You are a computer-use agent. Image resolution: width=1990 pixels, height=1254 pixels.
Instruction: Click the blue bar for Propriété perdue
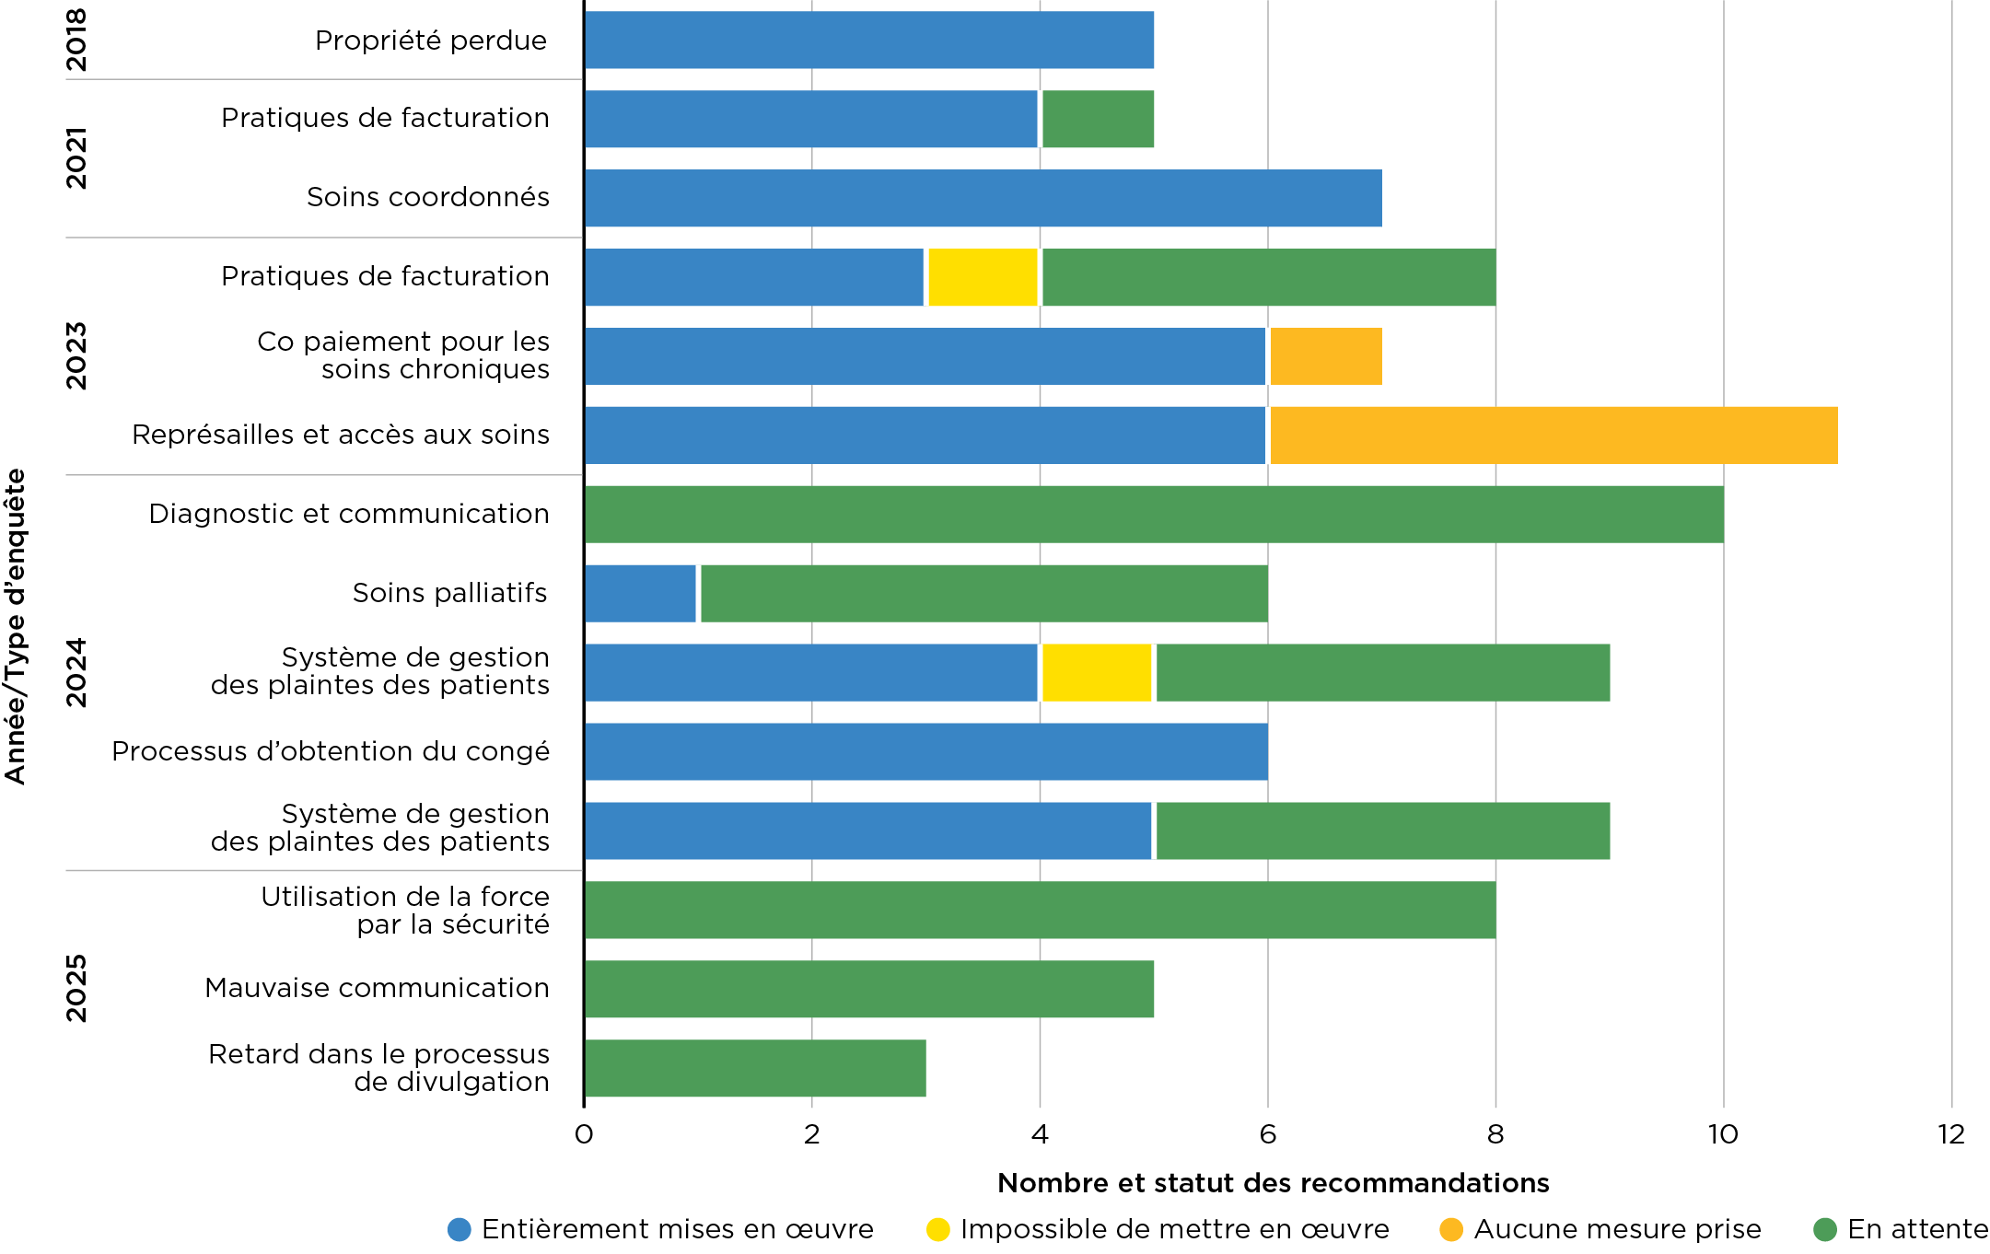tap(868, 40)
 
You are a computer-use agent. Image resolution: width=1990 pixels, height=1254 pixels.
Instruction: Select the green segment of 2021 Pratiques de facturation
tap(1097, 119)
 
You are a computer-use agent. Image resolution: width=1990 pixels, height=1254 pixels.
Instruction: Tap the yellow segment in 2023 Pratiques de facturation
tap(983, 277)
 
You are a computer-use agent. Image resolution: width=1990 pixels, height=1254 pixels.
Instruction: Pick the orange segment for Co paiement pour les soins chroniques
tap(1325, 356)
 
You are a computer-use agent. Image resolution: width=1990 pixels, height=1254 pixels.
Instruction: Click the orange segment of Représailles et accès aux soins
tap(1553, 435)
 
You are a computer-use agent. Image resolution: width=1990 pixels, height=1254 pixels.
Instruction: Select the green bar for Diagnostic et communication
tap(1153, 515)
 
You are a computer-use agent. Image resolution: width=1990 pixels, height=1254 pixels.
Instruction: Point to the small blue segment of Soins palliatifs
tap(640, 594)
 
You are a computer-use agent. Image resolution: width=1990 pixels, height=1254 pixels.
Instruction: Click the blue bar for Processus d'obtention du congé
tap(925, 751)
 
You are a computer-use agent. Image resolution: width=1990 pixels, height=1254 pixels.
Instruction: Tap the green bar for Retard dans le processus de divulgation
tap(755, 1068)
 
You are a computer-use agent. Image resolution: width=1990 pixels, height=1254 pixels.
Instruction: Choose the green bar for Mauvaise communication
tap(868, 989)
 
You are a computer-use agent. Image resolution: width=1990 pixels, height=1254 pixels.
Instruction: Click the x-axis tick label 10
tap(1723, 1134)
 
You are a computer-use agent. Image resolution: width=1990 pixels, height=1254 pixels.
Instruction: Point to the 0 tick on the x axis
tap(584, 1134)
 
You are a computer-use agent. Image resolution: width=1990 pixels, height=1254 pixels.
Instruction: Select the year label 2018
tap(76, 40)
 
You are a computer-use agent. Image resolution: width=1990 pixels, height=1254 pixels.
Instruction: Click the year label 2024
tap(76, 672)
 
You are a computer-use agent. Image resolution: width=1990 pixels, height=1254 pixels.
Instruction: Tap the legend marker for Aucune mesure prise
tap(1451, 1229)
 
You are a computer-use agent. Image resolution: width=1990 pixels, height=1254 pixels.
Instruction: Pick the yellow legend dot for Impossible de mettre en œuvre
tap(937, 1229)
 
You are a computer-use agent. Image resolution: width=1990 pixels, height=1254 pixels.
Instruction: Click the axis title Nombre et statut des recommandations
tap(1273, 1183)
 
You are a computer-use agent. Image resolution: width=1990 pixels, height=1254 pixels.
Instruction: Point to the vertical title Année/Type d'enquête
tap(16, 626)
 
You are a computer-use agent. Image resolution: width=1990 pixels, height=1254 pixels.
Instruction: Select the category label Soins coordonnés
tap(427, 197)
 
